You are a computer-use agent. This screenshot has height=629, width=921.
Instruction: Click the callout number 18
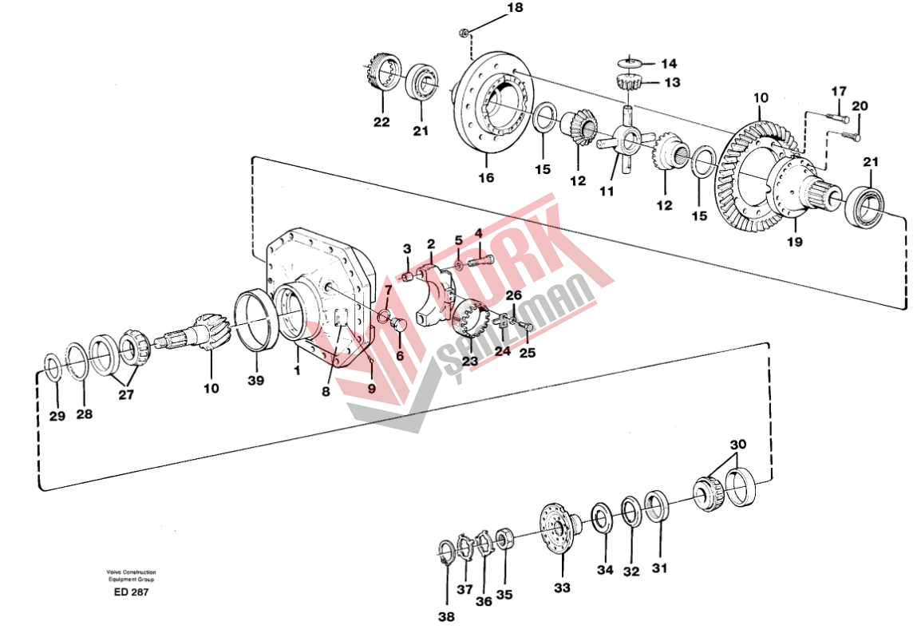click(x=515, y=8)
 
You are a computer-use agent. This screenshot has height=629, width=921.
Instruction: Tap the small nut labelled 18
click(x=464, y=32)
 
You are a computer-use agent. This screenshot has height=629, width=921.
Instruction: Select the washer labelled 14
click(x=631, y=61)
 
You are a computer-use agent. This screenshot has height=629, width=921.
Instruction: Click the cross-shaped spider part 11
click(x=627, y=143)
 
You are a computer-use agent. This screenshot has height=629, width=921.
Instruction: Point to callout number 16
click(x=486, y=177)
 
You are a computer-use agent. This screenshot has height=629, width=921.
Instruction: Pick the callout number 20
click(x=859, y=105)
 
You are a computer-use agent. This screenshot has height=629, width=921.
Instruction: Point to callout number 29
click(x=56, y=415)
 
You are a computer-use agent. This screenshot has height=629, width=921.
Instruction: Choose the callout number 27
click(x=127, y=394)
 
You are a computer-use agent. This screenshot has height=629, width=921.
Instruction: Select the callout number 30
click(x=738, y=444)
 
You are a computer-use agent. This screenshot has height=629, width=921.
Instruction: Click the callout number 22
click(x=381, y=122)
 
